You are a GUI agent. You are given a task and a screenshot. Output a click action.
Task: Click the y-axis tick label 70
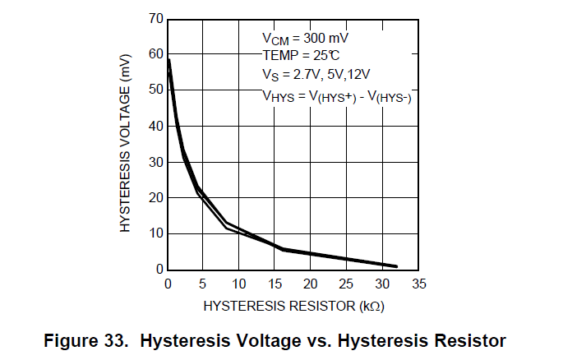pos(155,18)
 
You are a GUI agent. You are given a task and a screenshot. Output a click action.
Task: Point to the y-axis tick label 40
pos(155,126)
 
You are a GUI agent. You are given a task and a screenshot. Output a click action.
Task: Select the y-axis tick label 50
pos(155,90)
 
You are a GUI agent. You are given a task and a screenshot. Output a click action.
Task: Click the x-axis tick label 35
pos(418,284)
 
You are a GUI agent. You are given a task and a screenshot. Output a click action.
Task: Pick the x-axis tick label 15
pos(275,284)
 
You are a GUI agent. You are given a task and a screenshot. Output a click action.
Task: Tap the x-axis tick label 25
pos(346,284)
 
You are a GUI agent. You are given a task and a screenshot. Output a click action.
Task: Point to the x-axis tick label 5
pos(203,284)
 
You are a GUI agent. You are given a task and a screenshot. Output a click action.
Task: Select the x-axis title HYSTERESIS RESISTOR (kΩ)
pos(293,306)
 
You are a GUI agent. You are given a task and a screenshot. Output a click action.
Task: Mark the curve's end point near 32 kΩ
pos(396,266)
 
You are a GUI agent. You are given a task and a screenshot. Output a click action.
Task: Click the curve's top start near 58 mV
pos(168,60)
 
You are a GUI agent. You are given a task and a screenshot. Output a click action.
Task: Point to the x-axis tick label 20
pos(311,284)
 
